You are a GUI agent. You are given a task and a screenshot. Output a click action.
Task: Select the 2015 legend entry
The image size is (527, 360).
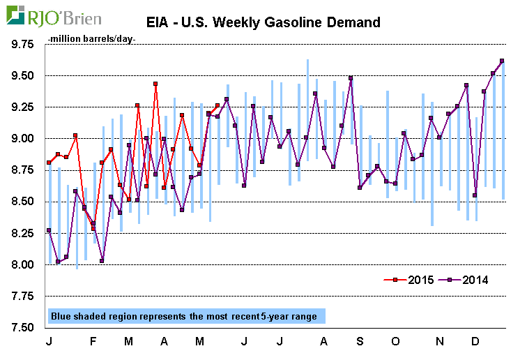point(411,280)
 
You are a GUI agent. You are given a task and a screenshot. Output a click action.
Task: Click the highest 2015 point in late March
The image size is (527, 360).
point(155,84)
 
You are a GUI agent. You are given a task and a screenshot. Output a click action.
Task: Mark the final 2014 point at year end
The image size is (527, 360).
point(502,61)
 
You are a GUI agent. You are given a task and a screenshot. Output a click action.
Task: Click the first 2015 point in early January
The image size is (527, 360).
point(49,163)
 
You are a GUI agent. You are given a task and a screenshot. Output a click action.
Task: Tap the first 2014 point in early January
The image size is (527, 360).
point(49,230)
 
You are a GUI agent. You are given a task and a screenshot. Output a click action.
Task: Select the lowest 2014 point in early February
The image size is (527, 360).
point(102,261)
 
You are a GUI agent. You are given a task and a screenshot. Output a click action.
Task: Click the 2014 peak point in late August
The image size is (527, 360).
point(351,78)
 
